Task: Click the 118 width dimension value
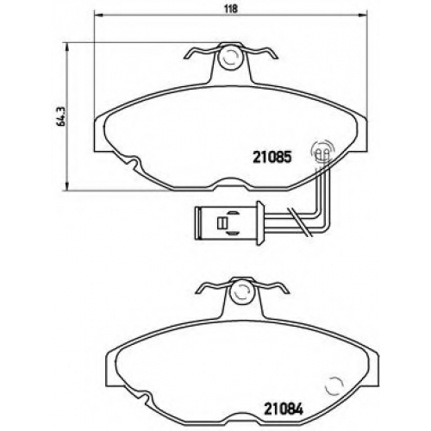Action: tap(231, 9)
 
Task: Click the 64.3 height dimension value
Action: tap(61, 116)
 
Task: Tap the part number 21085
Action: tap(272, 158)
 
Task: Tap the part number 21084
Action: tap(284, 409)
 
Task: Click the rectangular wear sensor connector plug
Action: tap(229, 222)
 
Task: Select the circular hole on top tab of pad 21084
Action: tap(243, 292)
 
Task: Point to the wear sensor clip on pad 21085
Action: tap(323, 152)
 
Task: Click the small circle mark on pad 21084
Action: tap(334, 387)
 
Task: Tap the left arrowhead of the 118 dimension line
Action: tap(98, 15)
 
